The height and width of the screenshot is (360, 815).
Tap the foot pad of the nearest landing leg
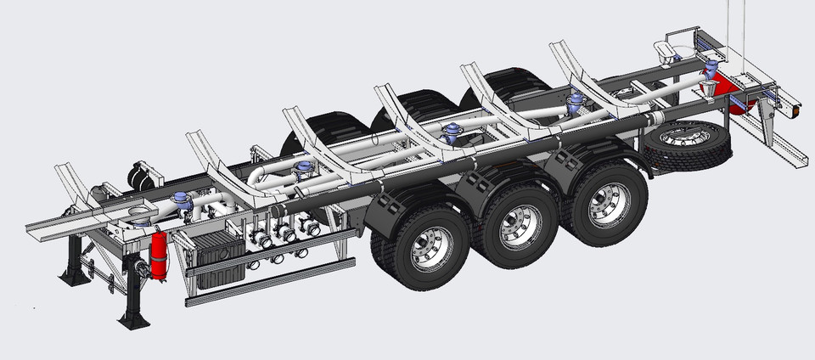(133, 320)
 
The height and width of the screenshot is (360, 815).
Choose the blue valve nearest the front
(181, 202)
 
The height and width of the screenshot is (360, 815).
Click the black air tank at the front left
(142, 176)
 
